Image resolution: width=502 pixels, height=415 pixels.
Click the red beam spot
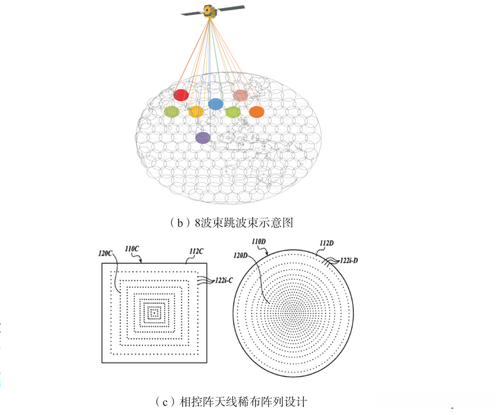coord(181,95)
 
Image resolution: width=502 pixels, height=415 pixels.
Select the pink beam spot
coord(240,95)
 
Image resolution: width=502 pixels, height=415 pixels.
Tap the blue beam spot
coord(215,104)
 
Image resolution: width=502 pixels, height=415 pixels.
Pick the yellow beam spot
coord(196,112)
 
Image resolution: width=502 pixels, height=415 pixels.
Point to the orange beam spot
coord(257,112)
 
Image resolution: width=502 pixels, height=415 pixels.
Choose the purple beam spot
coord(203,137)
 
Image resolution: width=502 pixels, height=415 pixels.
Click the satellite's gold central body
coord(209,10)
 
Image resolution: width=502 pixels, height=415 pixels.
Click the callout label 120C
coord(105,254)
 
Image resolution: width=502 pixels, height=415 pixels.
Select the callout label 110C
coord(132,249)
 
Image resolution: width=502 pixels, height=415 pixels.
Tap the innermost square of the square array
coord(153,310)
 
